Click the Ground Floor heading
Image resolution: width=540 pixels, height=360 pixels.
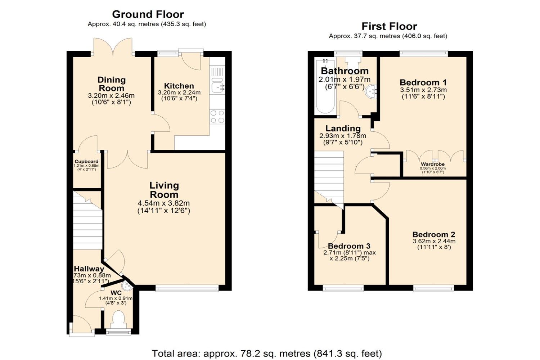(x=148, y=14)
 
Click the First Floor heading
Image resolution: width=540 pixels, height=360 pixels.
(x=389, y=26)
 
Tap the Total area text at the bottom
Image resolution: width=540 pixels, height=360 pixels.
(x=266, y=354)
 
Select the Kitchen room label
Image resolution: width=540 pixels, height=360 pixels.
(x=179, y=86)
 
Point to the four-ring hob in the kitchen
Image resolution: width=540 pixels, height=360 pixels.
(x=217, y=117)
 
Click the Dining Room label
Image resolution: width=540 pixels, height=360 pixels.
(x=111, y=84)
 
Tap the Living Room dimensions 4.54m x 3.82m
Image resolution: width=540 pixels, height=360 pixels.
(x=163, y=203)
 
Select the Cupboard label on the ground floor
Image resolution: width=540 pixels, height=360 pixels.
(x=86, y=162)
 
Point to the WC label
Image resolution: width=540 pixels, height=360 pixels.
(x=116, y=293)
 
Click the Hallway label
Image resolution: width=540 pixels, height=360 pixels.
(x=89, y=269)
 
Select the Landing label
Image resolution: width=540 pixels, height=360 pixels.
(x=343, y=129)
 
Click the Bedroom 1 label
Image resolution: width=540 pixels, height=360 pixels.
(x=423, y=82)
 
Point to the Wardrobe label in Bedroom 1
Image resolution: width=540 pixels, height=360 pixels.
(x=432, y=164)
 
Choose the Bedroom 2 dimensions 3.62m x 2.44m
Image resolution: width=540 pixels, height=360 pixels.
(x=434, y=241)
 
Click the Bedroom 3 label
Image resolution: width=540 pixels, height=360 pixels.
(x=349, y=246)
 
